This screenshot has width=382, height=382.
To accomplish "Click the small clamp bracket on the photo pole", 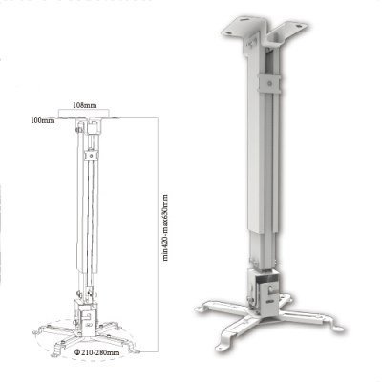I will tap(274, 82).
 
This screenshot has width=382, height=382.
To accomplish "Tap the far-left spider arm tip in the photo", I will tap(203, 308).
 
